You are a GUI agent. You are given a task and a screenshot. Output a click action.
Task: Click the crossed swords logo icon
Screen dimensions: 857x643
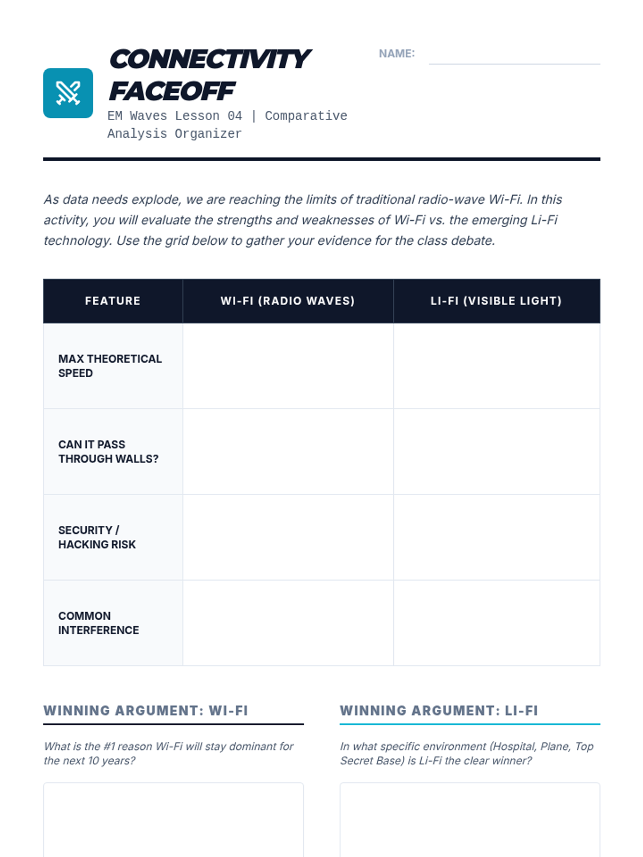pos(68,93)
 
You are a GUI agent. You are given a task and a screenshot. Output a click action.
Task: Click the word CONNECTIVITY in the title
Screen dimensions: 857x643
pos(210,59)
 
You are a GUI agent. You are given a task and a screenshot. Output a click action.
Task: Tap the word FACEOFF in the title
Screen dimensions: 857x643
pos(172,91)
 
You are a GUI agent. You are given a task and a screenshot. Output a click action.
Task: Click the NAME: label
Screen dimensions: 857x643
pos(397,54)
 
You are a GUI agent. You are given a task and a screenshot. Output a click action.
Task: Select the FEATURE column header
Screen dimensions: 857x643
pos(113,301)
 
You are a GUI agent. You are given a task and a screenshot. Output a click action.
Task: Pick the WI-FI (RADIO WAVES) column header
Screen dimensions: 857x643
pos(288,301)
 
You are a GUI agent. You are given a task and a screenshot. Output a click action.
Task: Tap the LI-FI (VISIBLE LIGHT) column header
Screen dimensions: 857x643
pos(496,301)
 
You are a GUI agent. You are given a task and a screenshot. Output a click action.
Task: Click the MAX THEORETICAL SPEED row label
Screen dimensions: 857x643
pos(110,366)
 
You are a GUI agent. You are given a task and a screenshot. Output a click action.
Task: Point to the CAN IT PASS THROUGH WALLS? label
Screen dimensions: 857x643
pos(108,452)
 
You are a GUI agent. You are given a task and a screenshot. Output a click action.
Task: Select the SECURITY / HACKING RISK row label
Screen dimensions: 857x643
pos(97,537)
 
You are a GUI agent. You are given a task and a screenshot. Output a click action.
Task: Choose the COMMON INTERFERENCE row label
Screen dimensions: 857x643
pos(99,623)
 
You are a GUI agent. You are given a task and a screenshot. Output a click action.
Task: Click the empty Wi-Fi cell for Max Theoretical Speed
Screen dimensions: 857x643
pos(288,366)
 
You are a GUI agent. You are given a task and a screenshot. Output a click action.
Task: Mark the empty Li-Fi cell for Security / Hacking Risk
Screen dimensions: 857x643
pos(496,537)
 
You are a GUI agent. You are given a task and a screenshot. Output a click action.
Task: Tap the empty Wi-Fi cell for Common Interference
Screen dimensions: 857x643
pos(288,623)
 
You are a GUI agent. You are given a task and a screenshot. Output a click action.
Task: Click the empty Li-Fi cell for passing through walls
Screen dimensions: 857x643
pos(496,452)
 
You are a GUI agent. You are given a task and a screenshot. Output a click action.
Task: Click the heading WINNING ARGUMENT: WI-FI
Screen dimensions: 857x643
pos(146,711)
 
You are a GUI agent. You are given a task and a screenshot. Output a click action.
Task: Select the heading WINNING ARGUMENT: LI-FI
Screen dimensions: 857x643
pos(439,711)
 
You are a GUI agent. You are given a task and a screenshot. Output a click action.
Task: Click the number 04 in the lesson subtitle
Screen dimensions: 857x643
pos(235,116)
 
